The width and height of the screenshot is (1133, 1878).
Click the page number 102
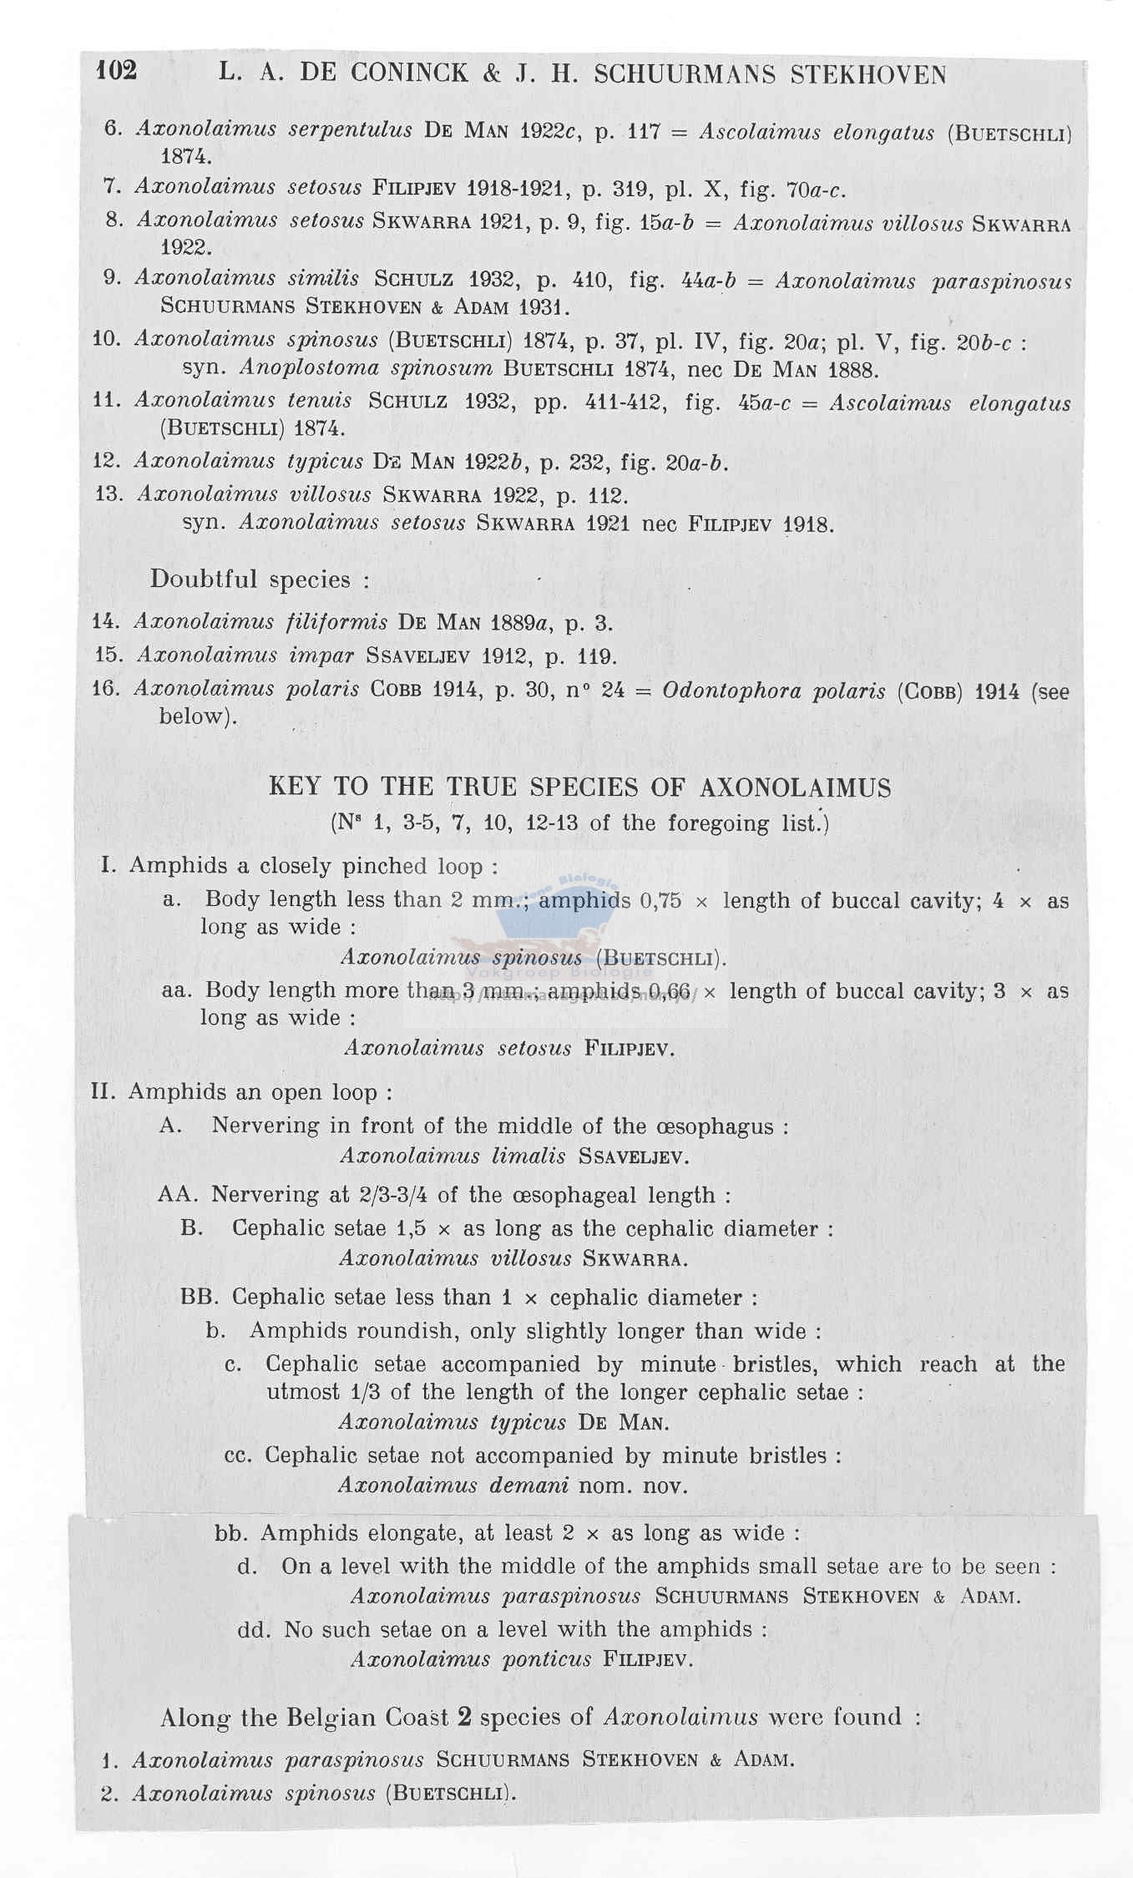(x=116, y=70)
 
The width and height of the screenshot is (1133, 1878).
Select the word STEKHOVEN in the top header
(x=867, y=75)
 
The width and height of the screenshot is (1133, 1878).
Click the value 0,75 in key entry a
(x=660, y=900)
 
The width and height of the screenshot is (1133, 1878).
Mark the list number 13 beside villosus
(x=109, y=494)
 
